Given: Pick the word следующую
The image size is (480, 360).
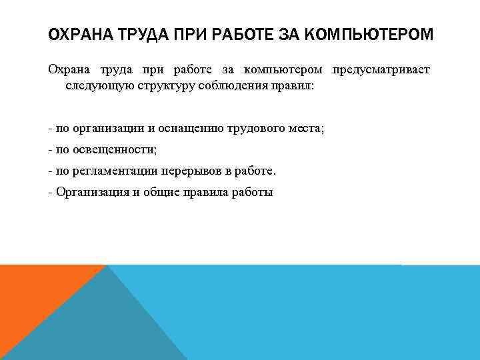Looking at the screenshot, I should pos(91,86).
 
